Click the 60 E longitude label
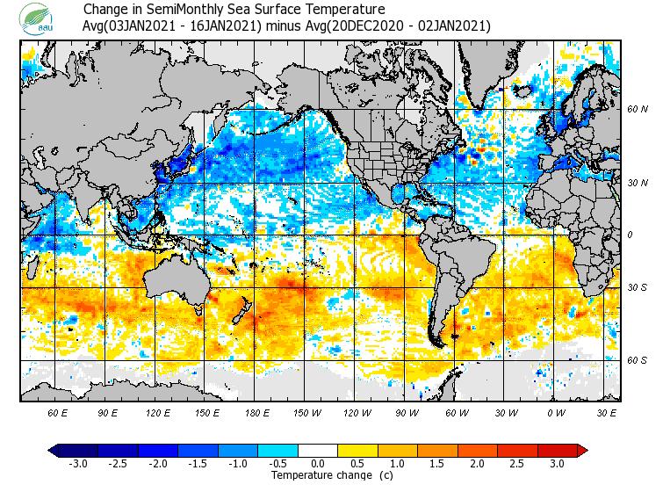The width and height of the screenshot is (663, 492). [58, 412]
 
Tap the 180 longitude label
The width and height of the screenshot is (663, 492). [256, 412]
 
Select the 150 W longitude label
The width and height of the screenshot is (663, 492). [306, 412]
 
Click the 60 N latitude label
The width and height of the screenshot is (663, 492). [638, 109]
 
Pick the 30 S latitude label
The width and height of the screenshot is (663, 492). [638, 287]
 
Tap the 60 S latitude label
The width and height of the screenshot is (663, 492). [638, 360]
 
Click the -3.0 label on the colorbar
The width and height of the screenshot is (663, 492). [77, 464]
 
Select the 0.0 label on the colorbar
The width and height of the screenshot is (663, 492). [319, 464]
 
